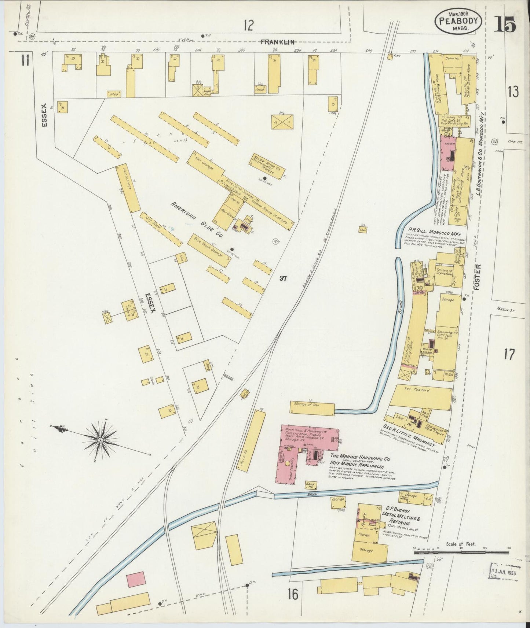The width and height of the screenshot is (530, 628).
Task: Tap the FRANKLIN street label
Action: (278, 42)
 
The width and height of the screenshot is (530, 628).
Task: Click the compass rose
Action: (100, 439)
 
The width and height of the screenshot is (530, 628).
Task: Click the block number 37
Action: (282, 278)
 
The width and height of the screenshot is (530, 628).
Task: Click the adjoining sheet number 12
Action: (249, 26)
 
